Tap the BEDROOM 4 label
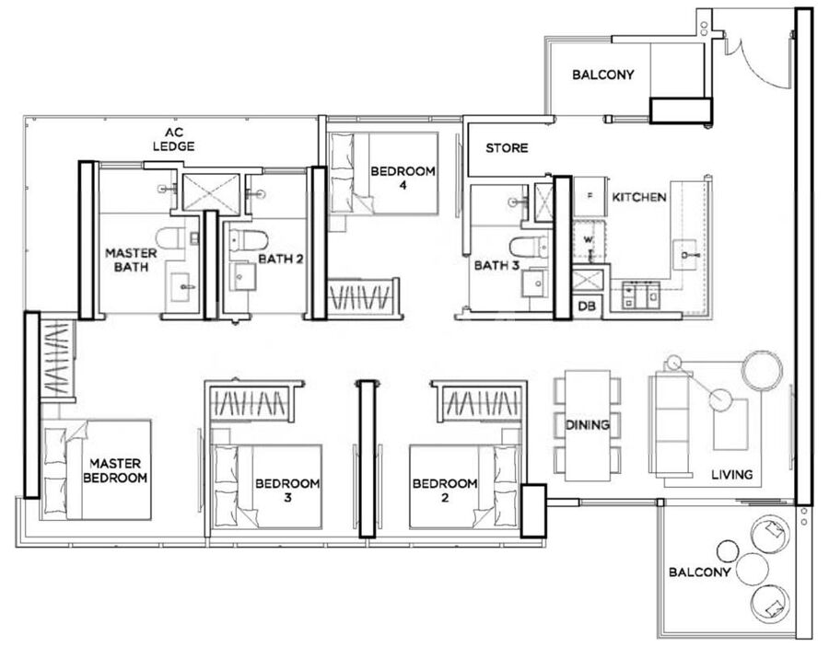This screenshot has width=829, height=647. coord(403,178)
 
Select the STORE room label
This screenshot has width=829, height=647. coord(507,148)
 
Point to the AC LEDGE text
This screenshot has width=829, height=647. coord(173,140)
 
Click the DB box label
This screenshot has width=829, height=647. coord(587,306)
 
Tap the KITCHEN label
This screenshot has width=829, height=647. coord(638,198)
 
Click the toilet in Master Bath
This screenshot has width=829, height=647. coord(170,238)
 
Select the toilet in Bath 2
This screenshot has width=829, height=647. coord(249,240)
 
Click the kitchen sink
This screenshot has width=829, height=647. coord(685,255)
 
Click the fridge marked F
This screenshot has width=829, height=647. coord(590,196)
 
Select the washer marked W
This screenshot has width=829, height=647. coord(589,241)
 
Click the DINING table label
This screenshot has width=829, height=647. coord(587,424)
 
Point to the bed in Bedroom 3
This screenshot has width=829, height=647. coord(266,487)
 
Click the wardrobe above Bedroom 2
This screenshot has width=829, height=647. coord(481,403)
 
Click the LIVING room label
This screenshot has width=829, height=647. coord(731,474)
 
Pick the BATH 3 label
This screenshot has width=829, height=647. coord(496,265)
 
